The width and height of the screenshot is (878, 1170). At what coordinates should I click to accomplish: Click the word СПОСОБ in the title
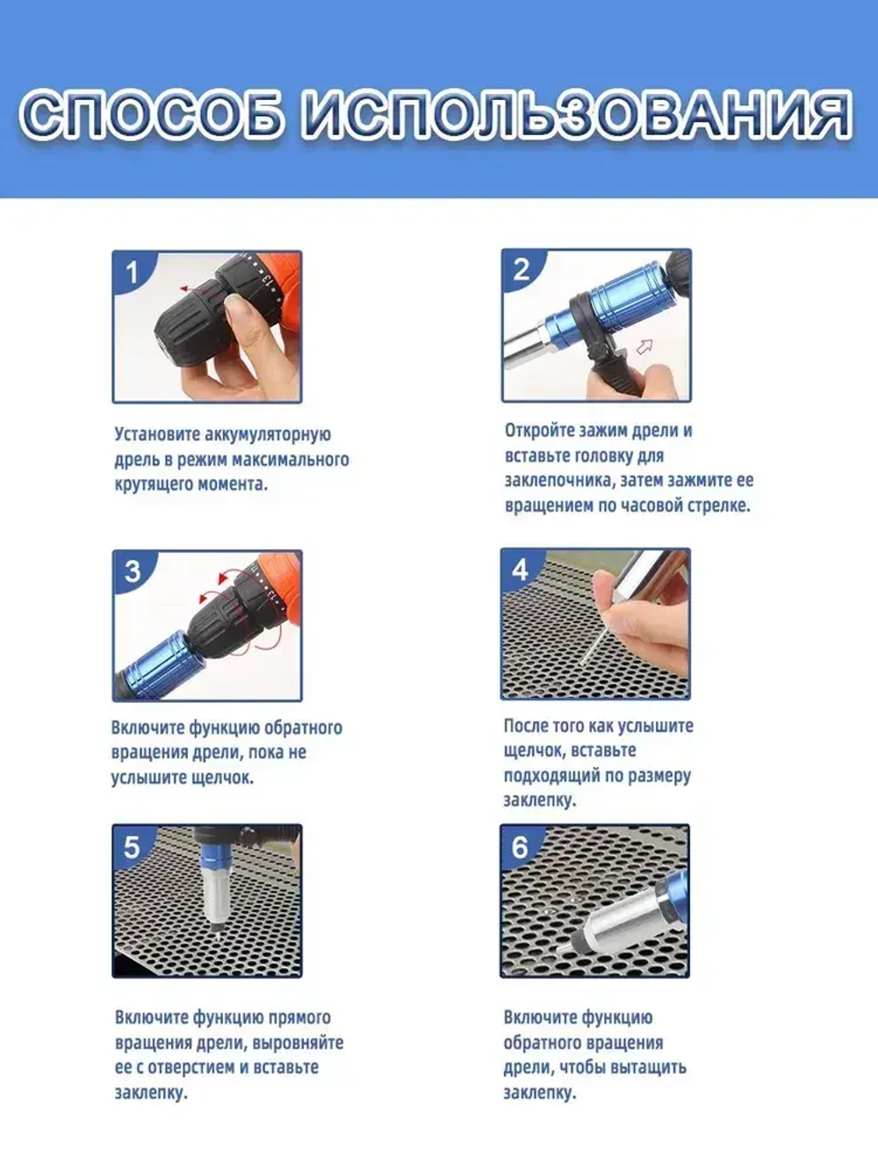point(151,116)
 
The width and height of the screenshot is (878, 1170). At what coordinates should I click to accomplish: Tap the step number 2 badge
point(522,269)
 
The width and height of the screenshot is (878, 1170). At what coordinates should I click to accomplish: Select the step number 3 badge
point(133,571)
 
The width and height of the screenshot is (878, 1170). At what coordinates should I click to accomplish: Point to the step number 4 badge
point(521,569)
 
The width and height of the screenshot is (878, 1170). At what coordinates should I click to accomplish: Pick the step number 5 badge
point(132,847)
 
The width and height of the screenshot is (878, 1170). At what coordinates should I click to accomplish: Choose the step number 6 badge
point(521,847)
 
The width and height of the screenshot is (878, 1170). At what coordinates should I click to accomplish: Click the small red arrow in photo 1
point(188,289)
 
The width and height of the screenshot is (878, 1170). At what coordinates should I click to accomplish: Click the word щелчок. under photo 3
point(222,778)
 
